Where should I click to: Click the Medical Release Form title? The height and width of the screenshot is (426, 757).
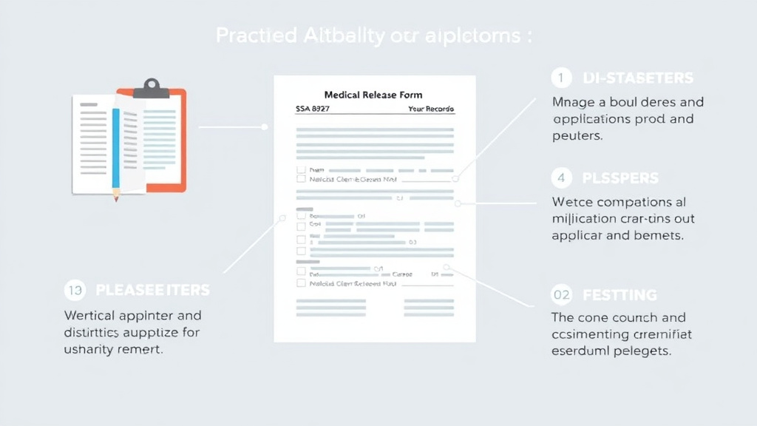[373, 95]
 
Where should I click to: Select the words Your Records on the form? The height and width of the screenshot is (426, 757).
[431, 109]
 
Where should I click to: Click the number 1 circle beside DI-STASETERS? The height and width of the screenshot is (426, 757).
[562, 78]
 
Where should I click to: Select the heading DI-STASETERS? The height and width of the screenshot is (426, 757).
[638, 78]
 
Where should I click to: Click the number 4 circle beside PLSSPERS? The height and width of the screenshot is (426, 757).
[562, 178]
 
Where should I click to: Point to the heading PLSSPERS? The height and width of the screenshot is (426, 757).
[620, 178]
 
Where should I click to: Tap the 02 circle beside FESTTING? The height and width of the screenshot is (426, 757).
[562, 295]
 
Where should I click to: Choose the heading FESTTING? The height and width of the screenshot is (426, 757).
[619, 295]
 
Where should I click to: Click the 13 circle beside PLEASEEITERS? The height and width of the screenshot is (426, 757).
[75, 290]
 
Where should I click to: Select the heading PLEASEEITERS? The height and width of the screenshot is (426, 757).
[152, 290]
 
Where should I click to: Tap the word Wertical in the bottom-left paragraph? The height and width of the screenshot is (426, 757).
[91, 316]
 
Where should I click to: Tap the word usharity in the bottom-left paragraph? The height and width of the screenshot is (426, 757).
[90, 350]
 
